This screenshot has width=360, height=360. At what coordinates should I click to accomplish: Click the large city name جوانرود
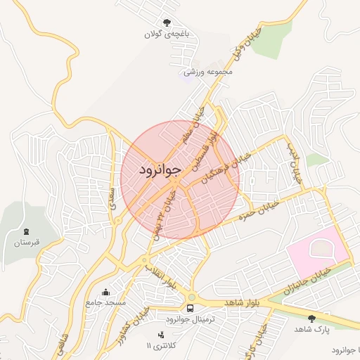(x=160, y=169)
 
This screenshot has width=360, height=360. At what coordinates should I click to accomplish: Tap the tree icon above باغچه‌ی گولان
(x=167, y=22)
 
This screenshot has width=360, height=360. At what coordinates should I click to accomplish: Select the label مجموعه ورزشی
(x=207, y=72)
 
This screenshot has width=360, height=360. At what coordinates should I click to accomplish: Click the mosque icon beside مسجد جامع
(x=106, y=292)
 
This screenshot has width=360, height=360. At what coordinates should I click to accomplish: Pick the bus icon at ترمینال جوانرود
(x=191, y=308)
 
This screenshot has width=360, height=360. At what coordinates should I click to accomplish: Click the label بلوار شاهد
(x=242, y=302)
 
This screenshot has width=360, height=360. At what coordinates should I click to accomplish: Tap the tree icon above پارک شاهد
(x=311, y=319)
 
